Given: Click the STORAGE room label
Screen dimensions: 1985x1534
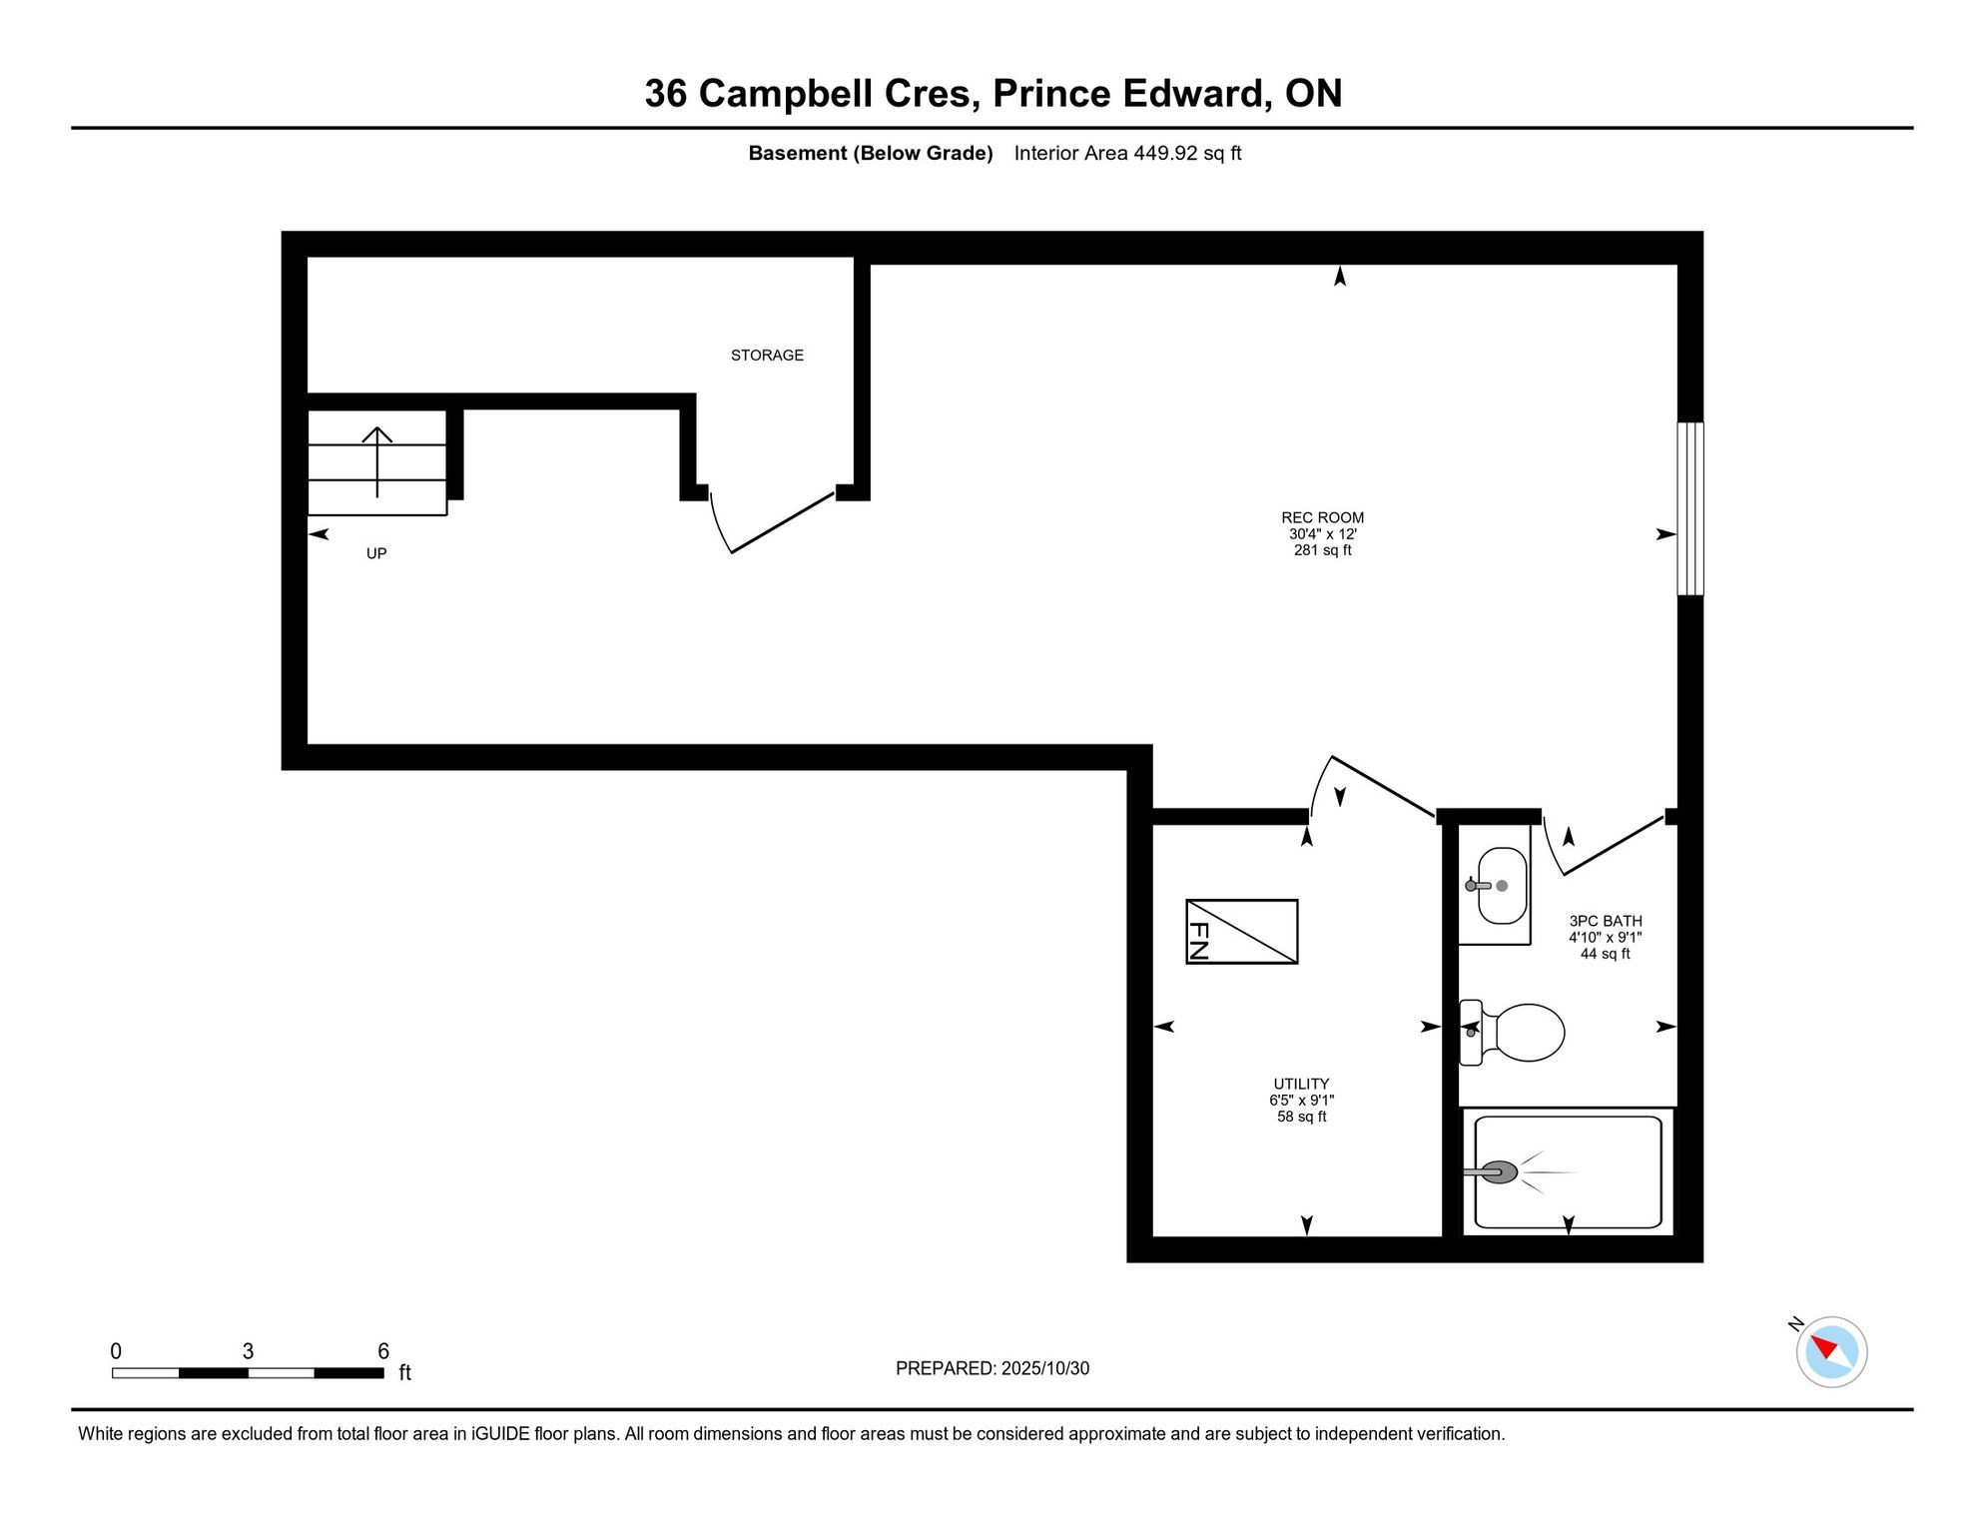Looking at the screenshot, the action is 767,356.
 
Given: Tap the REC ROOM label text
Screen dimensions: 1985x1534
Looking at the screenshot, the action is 1322,517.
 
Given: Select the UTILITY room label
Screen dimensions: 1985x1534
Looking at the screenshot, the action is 1301,1084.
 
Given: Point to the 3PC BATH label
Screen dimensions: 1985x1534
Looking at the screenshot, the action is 1606,921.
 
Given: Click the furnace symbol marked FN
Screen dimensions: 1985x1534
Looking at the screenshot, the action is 1241,932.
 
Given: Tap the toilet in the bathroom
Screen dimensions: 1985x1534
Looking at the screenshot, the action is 1512,1033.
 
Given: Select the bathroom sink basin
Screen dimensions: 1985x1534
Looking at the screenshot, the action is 1502,886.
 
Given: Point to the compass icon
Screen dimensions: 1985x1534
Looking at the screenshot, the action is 1831,1352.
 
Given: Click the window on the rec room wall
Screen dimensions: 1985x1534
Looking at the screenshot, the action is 1689,508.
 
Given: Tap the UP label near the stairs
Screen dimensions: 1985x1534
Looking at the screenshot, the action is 376,553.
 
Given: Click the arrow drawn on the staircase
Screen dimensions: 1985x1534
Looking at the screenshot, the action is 376,461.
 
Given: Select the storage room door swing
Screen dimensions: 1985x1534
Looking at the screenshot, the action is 770,522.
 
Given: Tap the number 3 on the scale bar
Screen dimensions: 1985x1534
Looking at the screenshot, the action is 248,1351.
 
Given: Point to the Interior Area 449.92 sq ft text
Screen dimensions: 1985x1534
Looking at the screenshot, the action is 1127,153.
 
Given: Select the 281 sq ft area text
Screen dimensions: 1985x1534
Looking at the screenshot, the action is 1322,550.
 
